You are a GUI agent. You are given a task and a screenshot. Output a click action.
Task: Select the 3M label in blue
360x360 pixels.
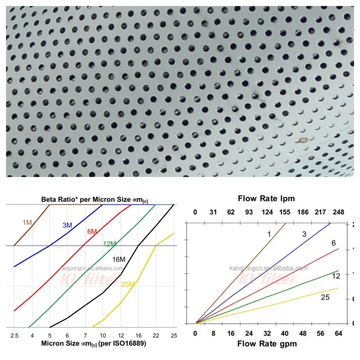(x=67, y=225)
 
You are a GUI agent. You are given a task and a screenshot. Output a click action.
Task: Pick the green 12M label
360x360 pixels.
(x=110, y=244)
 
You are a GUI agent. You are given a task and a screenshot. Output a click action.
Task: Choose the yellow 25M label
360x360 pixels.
(x=128, y=284)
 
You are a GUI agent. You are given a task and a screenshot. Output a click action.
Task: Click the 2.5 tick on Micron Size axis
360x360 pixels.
(x=14, y=335)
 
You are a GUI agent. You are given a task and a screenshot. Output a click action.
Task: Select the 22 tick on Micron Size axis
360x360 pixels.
(x=156, y=335)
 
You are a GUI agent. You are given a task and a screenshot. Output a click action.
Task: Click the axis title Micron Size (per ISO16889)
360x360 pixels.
(x=94, y=343)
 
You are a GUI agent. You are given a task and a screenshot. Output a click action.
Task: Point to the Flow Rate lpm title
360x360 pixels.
(x=266, y=198)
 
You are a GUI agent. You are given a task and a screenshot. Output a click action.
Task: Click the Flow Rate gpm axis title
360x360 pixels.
(x=267, y=343)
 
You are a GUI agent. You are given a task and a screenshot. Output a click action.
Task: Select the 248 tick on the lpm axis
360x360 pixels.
(x=338, y=211)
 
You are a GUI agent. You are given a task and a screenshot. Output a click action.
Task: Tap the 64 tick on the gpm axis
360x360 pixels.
(x=338, y=333)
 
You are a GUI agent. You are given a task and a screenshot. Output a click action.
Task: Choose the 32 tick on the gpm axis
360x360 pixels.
(x=267, y=333)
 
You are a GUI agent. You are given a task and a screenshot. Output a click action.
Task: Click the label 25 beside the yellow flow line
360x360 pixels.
(x=325, y=297)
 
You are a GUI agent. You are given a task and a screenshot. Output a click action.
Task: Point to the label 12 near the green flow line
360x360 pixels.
(x=336, y=276)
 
